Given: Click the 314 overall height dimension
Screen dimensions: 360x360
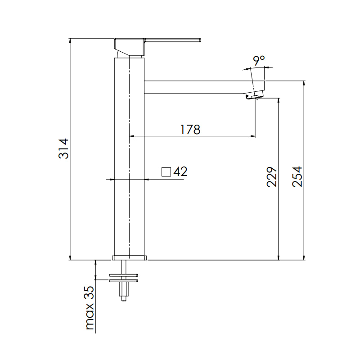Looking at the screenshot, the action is pos(63,148).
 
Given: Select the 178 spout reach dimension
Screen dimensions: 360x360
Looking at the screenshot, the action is pos(190,130).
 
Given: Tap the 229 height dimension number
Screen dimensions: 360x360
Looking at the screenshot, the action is pos(272,177).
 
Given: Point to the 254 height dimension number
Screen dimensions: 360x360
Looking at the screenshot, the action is pos(297,176).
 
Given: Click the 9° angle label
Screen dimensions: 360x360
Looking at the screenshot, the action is pos(259,60).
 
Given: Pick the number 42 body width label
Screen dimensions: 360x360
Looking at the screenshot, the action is pos(180,171).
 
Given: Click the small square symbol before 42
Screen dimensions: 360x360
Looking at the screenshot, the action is pos(166,172).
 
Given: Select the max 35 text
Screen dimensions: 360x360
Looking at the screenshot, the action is pos(90,308).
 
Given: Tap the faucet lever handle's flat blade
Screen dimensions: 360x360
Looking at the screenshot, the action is pos(173,40).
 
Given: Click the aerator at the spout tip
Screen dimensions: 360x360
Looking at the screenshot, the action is pos(254,95).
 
